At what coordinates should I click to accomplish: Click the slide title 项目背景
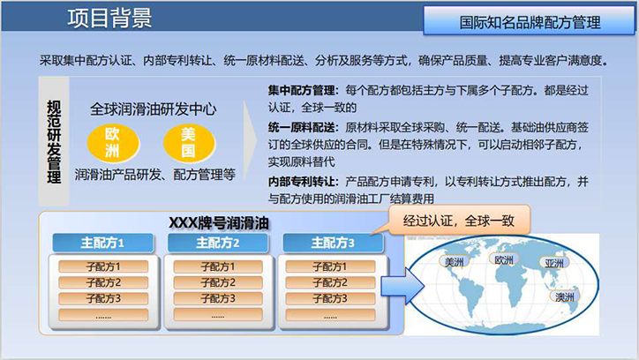click(109, 18)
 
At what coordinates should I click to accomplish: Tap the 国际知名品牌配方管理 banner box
click(529, 21)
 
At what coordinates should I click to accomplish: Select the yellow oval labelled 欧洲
click(113, 143)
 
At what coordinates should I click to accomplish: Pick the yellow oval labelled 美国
click(189, 143)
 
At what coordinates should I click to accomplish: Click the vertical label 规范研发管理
click(54, 142)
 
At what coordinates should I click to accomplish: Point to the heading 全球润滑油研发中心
click(154, 109)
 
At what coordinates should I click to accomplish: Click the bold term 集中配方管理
click(302, 90)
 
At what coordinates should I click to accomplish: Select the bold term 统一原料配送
click(302, 127)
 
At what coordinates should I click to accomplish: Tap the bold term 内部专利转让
click(302, 182)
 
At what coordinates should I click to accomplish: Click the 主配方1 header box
click(102, 244)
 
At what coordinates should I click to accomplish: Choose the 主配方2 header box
click(218, 244)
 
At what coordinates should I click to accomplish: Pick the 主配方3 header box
click(333, 244)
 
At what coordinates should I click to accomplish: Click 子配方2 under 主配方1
click(103, 282)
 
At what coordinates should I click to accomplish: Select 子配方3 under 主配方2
click(218, 298)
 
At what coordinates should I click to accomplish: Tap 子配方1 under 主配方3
click(330, 266)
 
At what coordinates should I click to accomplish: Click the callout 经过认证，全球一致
click(459, 221)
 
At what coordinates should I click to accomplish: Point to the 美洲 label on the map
click(454, 262)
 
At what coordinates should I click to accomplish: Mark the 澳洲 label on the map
click(565, 296)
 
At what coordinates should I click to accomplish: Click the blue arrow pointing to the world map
click(402, 286)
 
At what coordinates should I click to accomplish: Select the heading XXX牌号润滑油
click(219, 223)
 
